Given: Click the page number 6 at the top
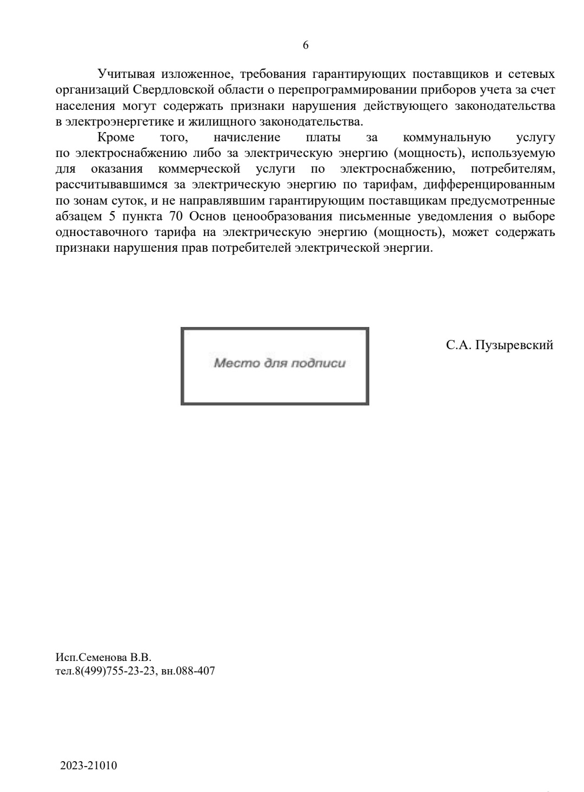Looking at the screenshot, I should click(306, 45).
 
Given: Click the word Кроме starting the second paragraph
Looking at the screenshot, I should click(116, 138).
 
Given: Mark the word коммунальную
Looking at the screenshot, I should click(447, 138).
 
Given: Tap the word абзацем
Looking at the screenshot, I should click(78, 217).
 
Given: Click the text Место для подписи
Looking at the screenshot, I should click(279, 363).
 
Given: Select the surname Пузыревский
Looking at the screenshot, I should click(514, 345).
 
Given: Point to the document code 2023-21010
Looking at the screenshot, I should click(89, 765).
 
